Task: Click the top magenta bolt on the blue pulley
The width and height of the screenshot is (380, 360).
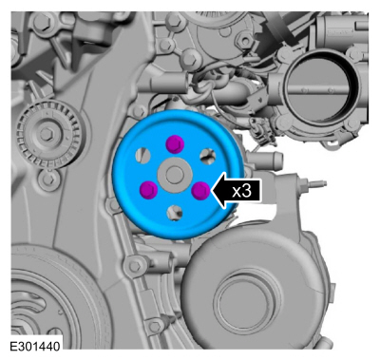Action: (176, 143)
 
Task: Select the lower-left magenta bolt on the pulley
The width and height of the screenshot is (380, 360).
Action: (148, 190)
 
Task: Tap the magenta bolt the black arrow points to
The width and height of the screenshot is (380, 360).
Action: (201, 191)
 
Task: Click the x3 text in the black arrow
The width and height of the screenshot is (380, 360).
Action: (241, 191)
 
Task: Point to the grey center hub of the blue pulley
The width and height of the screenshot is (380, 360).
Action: (175, 175)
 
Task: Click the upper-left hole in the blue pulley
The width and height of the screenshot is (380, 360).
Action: (142, 156)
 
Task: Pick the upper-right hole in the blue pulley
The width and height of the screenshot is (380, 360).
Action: (208, 156)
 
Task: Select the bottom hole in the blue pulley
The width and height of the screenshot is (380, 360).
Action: (175, 213)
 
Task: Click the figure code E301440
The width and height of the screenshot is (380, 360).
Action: (34, 347)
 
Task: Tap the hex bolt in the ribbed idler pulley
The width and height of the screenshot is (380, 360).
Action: (47, 135)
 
